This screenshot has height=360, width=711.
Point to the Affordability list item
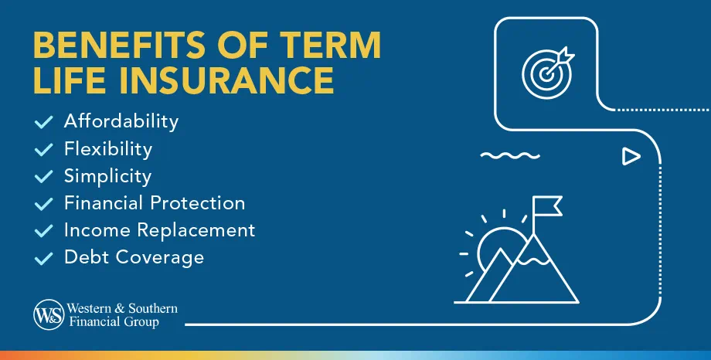pyautogui.click(x=121, y=121)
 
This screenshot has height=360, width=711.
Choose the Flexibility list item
pyautogui.click(x=108, y=148)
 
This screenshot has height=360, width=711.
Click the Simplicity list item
pyautogui.click(x=108, y=175)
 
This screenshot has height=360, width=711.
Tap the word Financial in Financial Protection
pyautogui.click(x=104, y=203)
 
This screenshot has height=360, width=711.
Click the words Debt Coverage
pyautogui.click(x=134, y=256)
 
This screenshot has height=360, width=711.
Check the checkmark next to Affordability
pyautogui.click(x=44, y=122)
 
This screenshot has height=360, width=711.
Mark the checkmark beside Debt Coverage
pyautogui.click(x=44, y=257)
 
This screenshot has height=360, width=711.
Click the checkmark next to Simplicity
pyautogui.click(x=44, y=176)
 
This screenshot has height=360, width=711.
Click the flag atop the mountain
pyautogui.click(x=546, y=205)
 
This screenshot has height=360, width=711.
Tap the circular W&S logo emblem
pyautogui.click(x=49, y=314)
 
